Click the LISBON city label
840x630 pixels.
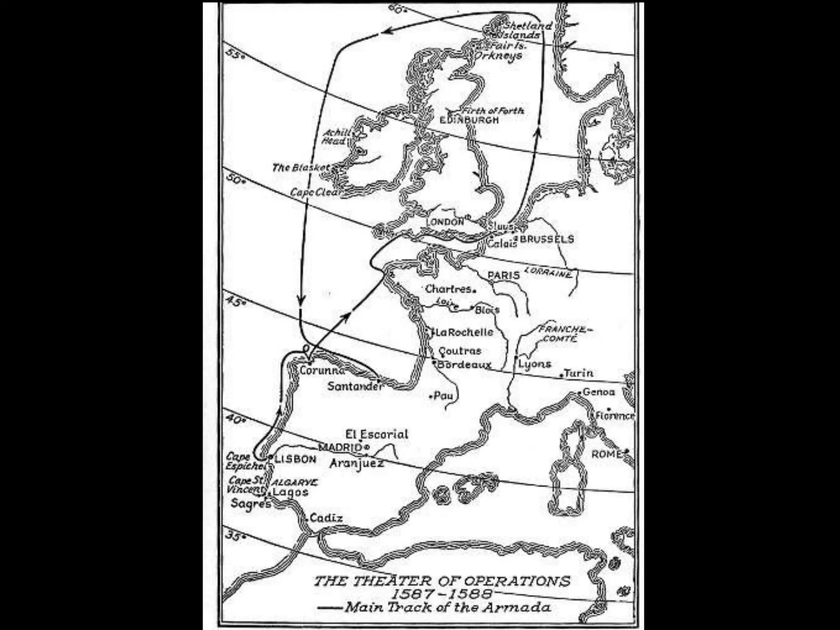295,459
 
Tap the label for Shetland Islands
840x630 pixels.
523,30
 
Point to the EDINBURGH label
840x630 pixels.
469,120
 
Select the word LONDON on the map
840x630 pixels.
445,222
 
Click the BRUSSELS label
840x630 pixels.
547,239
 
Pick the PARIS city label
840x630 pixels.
504,275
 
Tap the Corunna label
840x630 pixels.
322,370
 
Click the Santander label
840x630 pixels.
355,386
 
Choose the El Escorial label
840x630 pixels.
377,434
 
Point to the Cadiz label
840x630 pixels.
326,518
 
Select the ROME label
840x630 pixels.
607,454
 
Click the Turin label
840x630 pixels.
578,373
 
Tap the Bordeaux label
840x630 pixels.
464,364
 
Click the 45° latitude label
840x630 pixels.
235,302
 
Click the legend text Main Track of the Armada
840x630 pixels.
447,607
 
